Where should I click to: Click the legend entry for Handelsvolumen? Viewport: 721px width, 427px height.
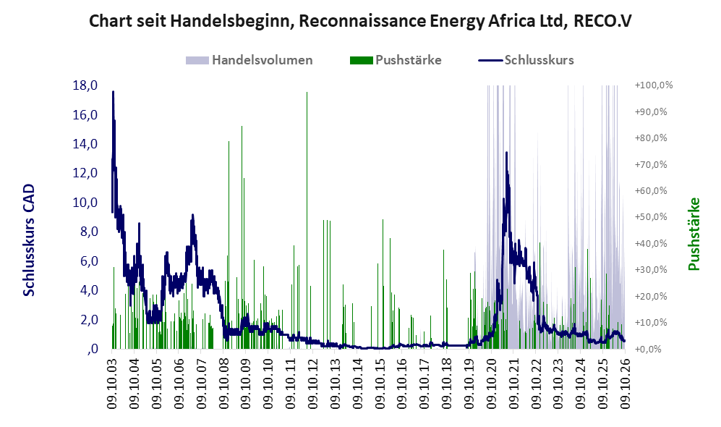tap(249, 60)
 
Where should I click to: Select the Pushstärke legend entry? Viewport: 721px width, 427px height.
tap(396, 60)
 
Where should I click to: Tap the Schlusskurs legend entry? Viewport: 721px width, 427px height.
tap(526, 60)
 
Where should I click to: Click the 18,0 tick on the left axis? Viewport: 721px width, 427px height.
tap(85, 85)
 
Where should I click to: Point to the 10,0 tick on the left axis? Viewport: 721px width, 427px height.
tap(85, 203)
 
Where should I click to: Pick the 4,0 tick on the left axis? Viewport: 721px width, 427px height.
tap(89, 290)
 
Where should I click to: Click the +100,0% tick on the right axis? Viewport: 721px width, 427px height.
tap(654, 85)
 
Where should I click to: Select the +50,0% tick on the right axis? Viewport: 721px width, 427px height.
tap(651, 216)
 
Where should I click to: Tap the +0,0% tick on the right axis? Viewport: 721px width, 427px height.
tap(649, 349)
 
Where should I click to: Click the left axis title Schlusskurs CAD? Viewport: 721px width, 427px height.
tap(28, 240)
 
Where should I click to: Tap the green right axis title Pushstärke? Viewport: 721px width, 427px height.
tap(694, 234)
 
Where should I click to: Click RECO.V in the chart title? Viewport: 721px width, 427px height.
tap(603, 21)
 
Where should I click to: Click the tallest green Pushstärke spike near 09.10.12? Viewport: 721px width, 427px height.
tap(307, 220)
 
